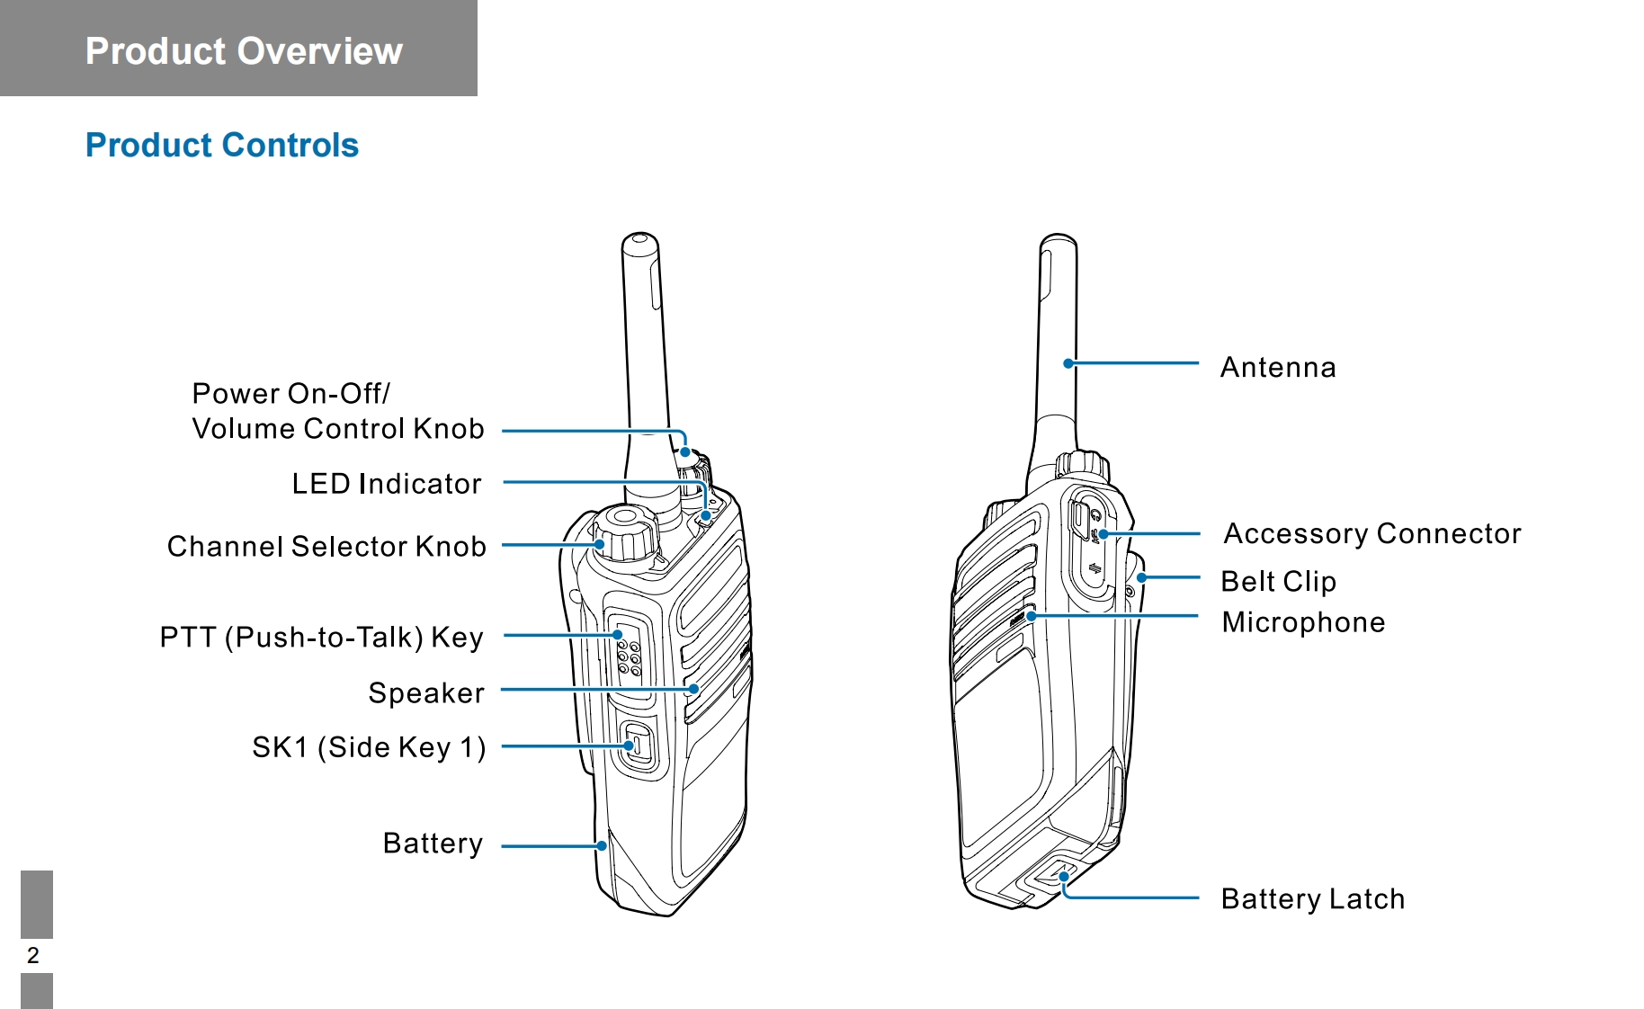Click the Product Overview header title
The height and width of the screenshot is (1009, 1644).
pyautogui.click(x=244, y=51)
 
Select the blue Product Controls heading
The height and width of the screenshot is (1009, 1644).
pyautogui.click(x=222, y=145)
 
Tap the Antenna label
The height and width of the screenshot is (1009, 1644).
pyautogui.click(x=1278, y=368)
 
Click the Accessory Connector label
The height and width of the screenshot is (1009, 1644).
pyautogui.click(x=1372, y=534)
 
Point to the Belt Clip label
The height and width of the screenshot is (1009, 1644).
pyautogui.click(x=1278, y=582)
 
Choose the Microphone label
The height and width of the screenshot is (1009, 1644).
pyautogui.click(x=1303, y=622)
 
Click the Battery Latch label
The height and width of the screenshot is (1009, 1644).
pyautogui.click(x=1312, y=899)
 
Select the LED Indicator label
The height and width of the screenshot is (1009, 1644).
pyautogui.click(x=387, y=484)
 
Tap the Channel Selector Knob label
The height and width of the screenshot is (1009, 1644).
pyautogui.click(x=326, y=547)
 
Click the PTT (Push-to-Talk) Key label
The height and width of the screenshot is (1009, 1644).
pyautogui.click(x=322, y=638)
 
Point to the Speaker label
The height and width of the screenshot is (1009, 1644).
pyautogui.click(x=426, y=693)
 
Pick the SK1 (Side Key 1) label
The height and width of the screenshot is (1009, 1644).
pyautogui.click(x=369, y=747)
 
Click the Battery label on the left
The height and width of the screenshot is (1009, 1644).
pyautogui.click(x=433, y=844)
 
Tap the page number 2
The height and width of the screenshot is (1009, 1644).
pyautogui.click(x=33, y=955)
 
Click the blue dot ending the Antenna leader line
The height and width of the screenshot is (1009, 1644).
pyautogui.click(x=1068, y=363)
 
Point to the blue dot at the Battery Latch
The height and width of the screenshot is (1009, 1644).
pyautogui.click(x=1064, y=877)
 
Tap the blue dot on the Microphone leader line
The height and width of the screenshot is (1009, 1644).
pyautogui.click(x=1032, y=616)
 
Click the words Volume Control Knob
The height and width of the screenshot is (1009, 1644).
pyautogui.click(x=338, y=429)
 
